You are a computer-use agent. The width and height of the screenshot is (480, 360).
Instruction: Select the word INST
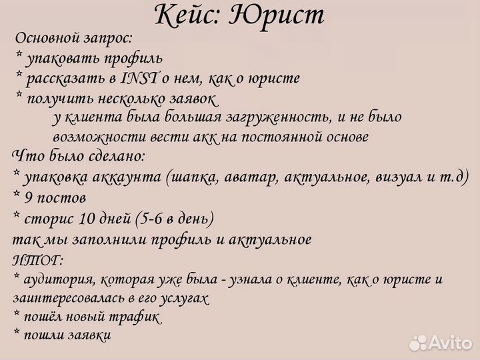click(x=139, y=79)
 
